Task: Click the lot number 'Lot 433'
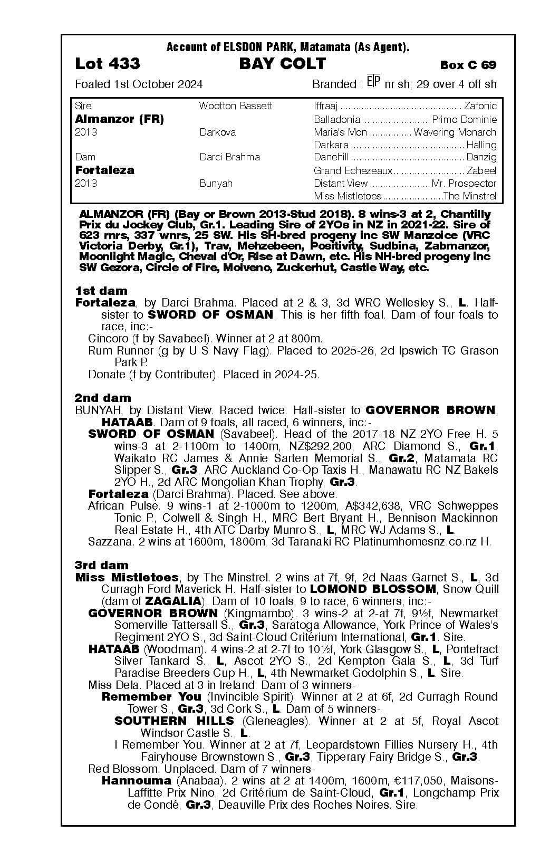pyautogui.click(x=108, y=64)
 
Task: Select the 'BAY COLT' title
pyautogui.click(x=282, y=64)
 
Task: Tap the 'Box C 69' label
pyautogui.click(x=468, y=65)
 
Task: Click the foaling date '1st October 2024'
pyautogui.click(x=159, y=84)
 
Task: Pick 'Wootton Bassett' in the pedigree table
pyautogui.click(x=235, y=106)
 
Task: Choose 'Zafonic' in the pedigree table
pyautogui.click(x=480, y=106)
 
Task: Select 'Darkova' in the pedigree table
pyautogui.click(x=217, y=132)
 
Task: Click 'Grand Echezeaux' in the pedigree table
pyautogui.click(x=353, y=170)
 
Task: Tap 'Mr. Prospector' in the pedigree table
pyautogui.click(x=464, y=184)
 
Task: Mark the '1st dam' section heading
pyautogui.click(x=101, y=291)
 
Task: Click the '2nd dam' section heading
pyautogui.click(x=103, y=398)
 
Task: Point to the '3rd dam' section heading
pyautogui.click(x=102, y=565)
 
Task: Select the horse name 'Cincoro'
pyautogui.click(x=108, y=339)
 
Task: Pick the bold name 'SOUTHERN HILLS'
pyautogui.click(x=174, y=721)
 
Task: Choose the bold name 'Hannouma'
pyautogui.click(x=136, y=780)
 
